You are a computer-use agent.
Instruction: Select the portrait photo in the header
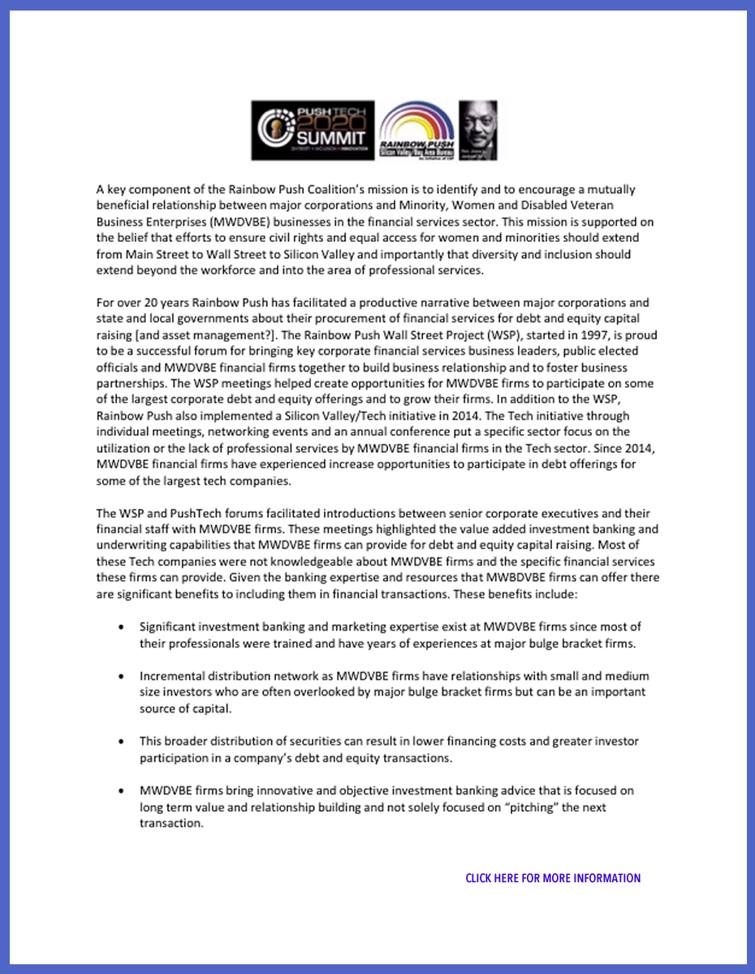[x=478, y=130]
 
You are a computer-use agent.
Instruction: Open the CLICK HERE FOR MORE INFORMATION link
[x=553, y=878]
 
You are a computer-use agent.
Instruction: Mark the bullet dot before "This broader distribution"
[x=121, y=742]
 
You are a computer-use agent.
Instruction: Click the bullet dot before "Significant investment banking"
[x=121, y=627]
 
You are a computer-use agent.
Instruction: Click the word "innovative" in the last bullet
[x=264, y=791]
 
